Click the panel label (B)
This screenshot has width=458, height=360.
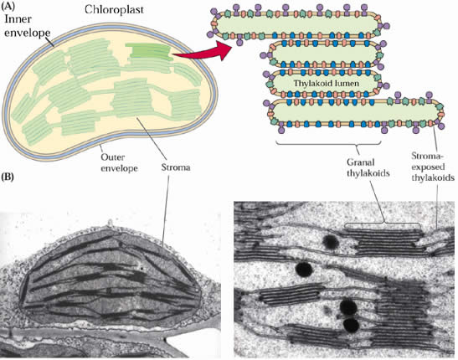click(8, 177)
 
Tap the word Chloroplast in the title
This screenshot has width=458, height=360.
click(114, 10)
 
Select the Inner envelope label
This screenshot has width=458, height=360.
click(27, 26)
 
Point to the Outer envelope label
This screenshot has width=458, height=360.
click(119, 162)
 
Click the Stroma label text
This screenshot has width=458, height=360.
click(176, 167)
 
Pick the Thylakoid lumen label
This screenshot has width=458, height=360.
click(327, 83)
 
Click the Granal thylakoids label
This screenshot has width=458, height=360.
click(368, 167)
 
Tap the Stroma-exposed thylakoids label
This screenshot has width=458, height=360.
click(433, 167)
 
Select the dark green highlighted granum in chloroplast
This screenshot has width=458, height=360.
click(149, 51)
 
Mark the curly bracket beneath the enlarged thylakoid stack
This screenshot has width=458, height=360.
click(328, 145)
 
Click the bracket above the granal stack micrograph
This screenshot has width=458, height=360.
click(383, 224)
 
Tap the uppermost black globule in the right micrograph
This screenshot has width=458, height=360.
click(331, 241)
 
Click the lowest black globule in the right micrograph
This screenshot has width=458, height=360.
click(351, 325)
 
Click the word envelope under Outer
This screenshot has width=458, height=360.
click(119, 168)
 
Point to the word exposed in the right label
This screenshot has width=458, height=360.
click(428, 167)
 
